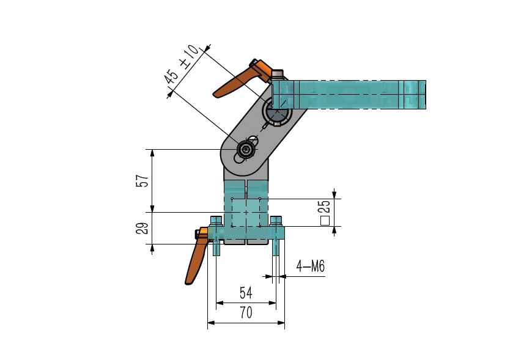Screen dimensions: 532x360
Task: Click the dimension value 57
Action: [142, 181]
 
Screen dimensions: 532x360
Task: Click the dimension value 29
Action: [142, 228]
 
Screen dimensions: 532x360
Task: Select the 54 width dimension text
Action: [246, 293]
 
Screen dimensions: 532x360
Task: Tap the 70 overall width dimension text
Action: [246, 312]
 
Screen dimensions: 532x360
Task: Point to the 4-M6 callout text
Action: [311, 266]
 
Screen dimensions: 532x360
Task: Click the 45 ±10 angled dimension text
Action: [181, 64]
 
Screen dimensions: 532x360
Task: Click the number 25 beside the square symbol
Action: [325, 207]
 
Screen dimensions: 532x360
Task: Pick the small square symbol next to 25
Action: [325, 221]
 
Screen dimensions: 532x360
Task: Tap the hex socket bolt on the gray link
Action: [245, 149]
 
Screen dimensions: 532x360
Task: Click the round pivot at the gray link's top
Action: [277, 111]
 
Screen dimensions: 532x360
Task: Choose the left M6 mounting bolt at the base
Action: [216, 236]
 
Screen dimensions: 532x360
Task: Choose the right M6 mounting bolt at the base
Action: [276, 236]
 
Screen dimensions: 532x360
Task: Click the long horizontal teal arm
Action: [349, 95]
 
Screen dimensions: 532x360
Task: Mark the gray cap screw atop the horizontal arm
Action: [278, 75]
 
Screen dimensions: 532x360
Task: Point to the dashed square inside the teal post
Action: [246, 213]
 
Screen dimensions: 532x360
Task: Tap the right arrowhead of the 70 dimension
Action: [281, 323]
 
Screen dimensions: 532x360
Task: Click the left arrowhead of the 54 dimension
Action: [220, 303]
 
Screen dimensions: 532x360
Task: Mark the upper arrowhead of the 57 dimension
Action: [152, 153]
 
